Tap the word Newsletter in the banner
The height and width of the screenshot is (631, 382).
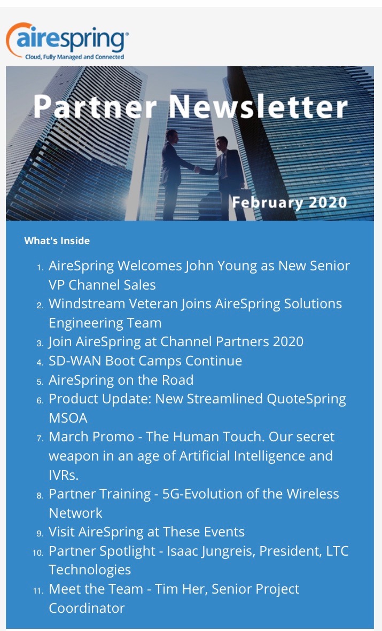point(258,107)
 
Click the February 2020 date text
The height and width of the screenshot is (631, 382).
point(290,202)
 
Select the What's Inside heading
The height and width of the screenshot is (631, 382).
point(57,240)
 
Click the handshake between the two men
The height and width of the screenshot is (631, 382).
point(197,169)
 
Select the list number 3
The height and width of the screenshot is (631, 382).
point(40,343)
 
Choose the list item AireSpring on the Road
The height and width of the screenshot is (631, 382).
point(121,380)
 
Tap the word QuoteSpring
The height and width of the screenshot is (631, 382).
point(306,399)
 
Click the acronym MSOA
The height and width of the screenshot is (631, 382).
point(68,418)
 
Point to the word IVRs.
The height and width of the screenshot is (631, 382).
point(64,476)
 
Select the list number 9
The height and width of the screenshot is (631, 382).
point(40,534)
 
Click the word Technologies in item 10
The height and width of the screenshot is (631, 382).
point(90,570)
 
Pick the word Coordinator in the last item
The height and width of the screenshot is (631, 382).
point(87,608)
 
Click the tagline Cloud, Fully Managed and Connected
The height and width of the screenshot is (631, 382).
point(74,57)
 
